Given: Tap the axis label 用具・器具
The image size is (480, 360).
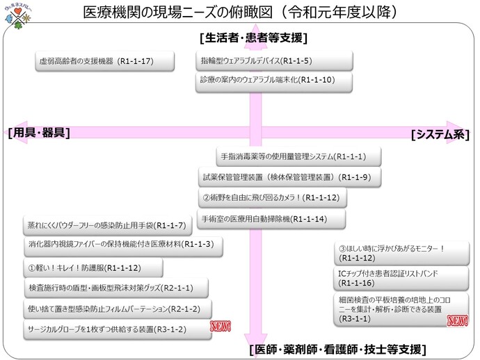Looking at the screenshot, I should [39, 133].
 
